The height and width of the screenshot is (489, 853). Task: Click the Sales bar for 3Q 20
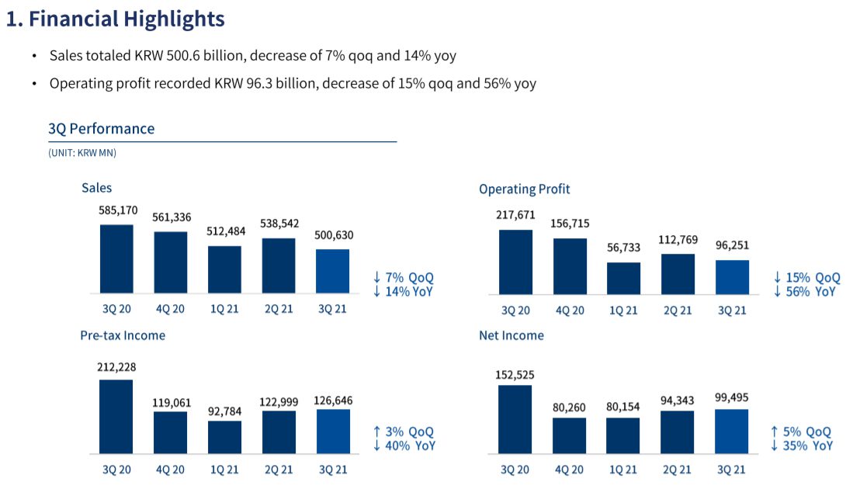coord(116,259)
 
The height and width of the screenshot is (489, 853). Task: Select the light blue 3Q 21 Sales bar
coord(333,272)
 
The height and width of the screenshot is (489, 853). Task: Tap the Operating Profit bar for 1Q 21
coord(624,278)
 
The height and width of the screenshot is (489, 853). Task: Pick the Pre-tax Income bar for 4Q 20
coord(170,432)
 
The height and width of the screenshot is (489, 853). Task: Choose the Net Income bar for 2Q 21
coord(678,432)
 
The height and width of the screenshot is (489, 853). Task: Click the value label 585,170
coord(116,210)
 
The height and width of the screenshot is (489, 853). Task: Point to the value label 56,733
coord(624,248)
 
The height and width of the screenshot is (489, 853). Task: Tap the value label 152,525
coord(515,374)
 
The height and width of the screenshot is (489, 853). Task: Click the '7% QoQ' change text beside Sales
coord(404,278)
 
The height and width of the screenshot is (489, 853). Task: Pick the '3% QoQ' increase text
coord(404,432)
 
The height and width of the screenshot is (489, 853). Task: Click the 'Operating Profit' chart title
coord(524,189)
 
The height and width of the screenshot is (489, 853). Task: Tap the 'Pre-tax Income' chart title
coord(123,335)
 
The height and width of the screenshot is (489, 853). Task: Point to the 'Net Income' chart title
coord(511,335)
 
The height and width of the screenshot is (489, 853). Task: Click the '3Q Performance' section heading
coord(101,129)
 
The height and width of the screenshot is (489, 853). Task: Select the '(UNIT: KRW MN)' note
coord(82,154)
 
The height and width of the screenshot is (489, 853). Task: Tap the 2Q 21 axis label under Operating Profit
coord(678,310)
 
